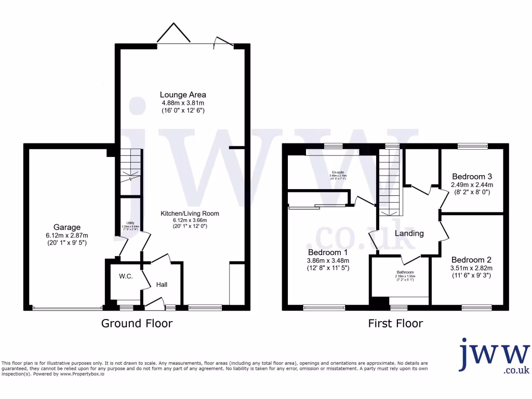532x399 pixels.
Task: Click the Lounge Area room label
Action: coord(183,95)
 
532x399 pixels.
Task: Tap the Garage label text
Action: coord(67,227)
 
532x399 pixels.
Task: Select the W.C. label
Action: coord(126,276)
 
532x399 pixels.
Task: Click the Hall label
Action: coord(162,285)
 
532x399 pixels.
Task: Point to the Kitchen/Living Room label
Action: coord(190,213)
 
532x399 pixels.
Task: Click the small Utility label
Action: coord(130,223)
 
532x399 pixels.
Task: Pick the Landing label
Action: coord(409,233)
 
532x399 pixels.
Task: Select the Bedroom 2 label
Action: coord(471,260)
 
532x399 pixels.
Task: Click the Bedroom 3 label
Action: coord(472,176)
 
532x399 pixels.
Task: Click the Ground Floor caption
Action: coord(137,324)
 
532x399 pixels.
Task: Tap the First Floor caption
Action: coord(395,324)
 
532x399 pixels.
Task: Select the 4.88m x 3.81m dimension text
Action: coord(183,103)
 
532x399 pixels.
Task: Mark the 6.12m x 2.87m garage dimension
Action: coord(67,235)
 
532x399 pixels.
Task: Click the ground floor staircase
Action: coord(130,165)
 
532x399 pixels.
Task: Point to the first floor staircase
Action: coord(390,182)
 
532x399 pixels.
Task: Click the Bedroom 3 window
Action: coord(473,147)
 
